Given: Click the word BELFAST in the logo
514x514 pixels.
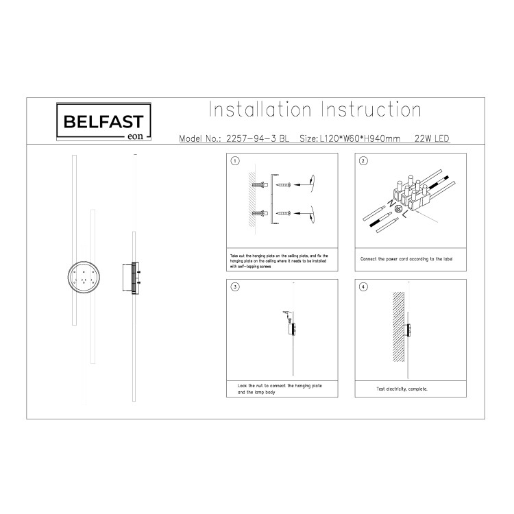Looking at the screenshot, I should [x=103, y=122].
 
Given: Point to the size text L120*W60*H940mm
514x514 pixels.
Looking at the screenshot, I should [x=351, y=138].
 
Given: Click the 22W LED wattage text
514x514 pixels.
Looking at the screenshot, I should [x=432, y=138].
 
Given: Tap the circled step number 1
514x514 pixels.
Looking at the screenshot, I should [x=236, y=162].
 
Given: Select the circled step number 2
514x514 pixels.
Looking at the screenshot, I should [x=364, y=162].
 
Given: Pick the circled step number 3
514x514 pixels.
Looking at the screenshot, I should [x=236, y=288].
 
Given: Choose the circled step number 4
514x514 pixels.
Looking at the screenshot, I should [x=364, y=288].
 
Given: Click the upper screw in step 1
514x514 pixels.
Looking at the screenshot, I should [x=282, y=185].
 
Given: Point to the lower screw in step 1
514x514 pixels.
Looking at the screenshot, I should [x=282, y=215].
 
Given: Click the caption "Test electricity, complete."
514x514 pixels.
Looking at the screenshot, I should [x=402, y=389].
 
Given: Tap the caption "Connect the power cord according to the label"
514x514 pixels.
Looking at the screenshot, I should [x=407, y=260].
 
